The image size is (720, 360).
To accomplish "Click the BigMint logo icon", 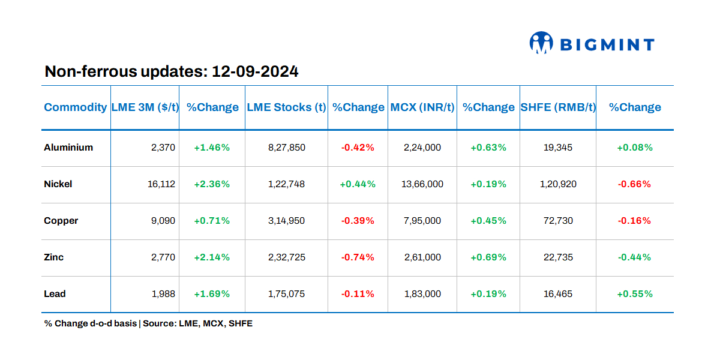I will (x=541, y=43).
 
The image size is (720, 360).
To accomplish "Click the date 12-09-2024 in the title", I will (x=255, y=72).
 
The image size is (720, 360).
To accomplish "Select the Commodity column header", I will (x=76, y=107).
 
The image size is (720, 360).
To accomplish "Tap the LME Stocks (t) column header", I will (x=286, y=107).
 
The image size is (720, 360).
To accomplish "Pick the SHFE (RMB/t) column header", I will (x=558, y=107).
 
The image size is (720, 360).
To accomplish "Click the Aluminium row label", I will (x=68, y=147).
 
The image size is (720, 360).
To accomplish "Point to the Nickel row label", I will (x=58, y=184).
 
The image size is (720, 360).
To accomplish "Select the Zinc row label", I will (x=54, y=257).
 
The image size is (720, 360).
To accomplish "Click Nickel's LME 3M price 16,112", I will (x=161, y=184).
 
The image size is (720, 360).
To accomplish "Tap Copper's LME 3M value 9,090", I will (x=163, y=221).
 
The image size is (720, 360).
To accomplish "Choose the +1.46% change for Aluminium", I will (x=212, y=147).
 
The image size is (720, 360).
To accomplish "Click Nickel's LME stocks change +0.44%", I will (x=358, y=184).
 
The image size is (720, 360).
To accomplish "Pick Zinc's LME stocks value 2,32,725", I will (x=286, y=257).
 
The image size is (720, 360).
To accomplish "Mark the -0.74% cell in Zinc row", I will (x=358, y=257).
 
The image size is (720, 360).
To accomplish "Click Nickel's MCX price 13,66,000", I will (x=422, y=184).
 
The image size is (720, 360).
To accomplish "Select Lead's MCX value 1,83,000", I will (x=422, y=294).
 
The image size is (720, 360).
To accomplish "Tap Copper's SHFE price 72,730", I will (x=558, y=221).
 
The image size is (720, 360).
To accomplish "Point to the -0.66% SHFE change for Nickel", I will (x=634, y=184).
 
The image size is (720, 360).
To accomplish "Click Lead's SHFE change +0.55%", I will (x=634, y=294).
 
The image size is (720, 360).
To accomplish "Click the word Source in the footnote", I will (x=161, y=323).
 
